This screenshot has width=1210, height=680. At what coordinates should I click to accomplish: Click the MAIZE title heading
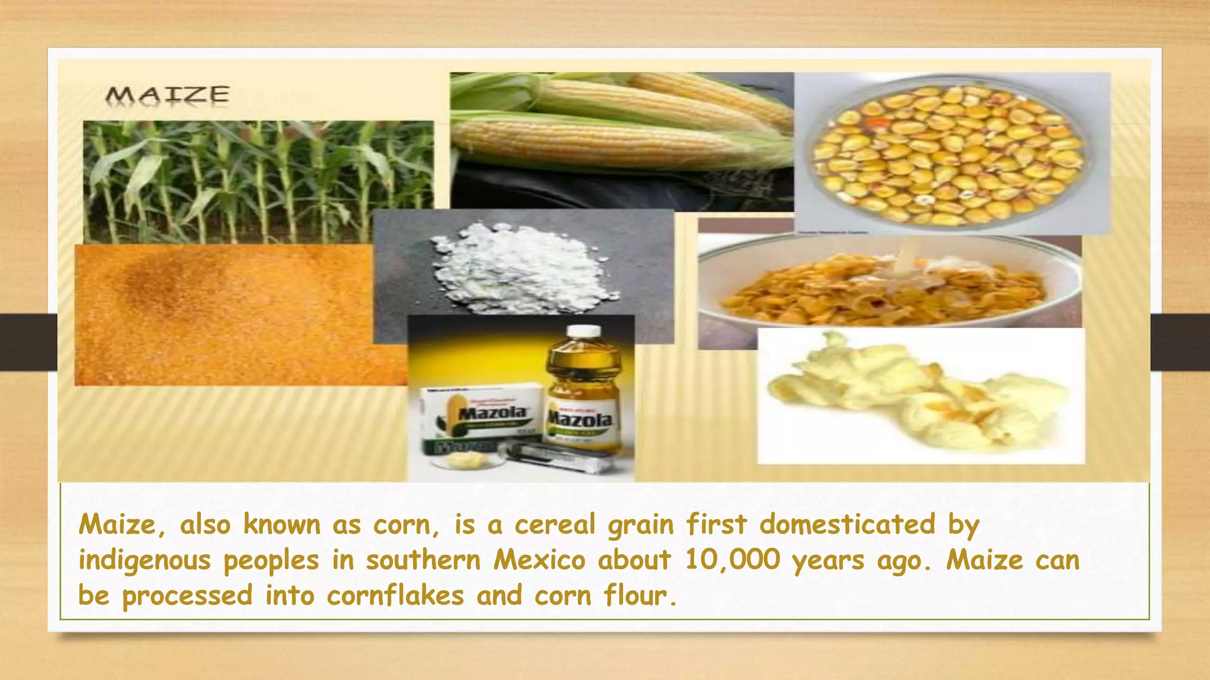[167, 94]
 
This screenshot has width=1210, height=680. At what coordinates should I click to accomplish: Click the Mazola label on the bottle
[581, 420]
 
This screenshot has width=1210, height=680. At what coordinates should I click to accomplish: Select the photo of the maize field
[258, 180]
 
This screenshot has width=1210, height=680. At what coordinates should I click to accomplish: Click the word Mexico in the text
[539, 560]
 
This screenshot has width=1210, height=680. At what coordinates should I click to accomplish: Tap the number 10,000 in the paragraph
[733, 560]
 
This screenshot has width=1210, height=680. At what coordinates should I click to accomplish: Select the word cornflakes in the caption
[395, 595]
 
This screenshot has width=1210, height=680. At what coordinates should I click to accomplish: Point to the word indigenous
[145, 560]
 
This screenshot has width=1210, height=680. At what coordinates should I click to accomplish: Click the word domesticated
[847, 524]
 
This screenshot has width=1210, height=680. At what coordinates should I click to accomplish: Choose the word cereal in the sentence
[555, 524]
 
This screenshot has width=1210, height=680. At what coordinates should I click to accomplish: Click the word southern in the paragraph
[423, 560]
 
